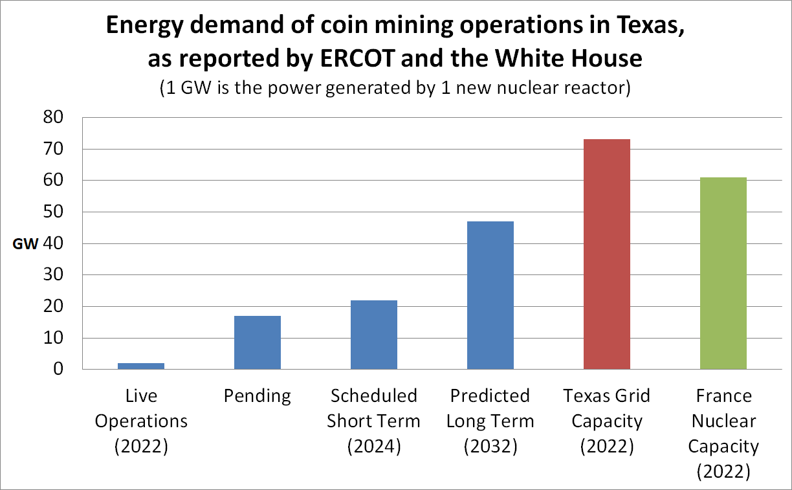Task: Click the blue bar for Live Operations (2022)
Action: [141, 366]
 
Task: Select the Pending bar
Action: [258, 342]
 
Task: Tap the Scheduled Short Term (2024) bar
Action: [374, 335]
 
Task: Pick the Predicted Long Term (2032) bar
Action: [490, 295]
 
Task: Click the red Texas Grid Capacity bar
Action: [607, 254]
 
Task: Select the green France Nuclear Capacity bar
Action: [723, 273]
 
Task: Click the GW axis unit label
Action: [25, 245]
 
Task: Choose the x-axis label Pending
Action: [258, 396]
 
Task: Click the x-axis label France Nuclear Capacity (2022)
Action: [723, 434]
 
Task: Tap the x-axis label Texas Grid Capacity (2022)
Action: [607, 421]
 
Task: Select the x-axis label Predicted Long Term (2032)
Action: [490, 421]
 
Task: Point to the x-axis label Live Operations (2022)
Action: [141, 421]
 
